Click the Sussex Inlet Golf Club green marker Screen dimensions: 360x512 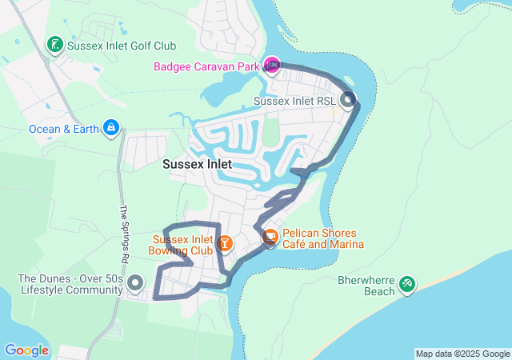click(x=54, y=45)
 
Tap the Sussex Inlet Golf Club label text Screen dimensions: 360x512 click(x=122, y=46)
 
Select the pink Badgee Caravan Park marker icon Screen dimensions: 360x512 click(x=272, y=65)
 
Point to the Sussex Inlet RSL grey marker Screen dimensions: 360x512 click(x=348, y=100)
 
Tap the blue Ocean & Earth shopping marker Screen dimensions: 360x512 click(x=111, y=127)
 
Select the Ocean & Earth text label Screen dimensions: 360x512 click(x=64, y=128)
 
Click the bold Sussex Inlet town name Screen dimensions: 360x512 click(x=197, y=164)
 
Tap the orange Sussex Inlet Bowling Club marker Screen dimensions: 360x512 click(x=225, y=242)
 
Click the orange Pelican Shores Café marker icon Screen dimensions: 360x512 click(x=270, y=237)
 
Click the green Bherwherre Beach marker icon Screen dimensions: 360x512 click(x=406, y=283)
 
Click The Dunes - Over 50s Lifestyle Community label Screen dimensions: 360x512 click(x=70, y=285)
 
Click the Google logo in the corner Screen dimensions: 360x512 click(x=27, y=350)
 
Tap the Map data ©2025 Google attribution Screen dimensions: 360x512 click(x=462, y=354)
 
